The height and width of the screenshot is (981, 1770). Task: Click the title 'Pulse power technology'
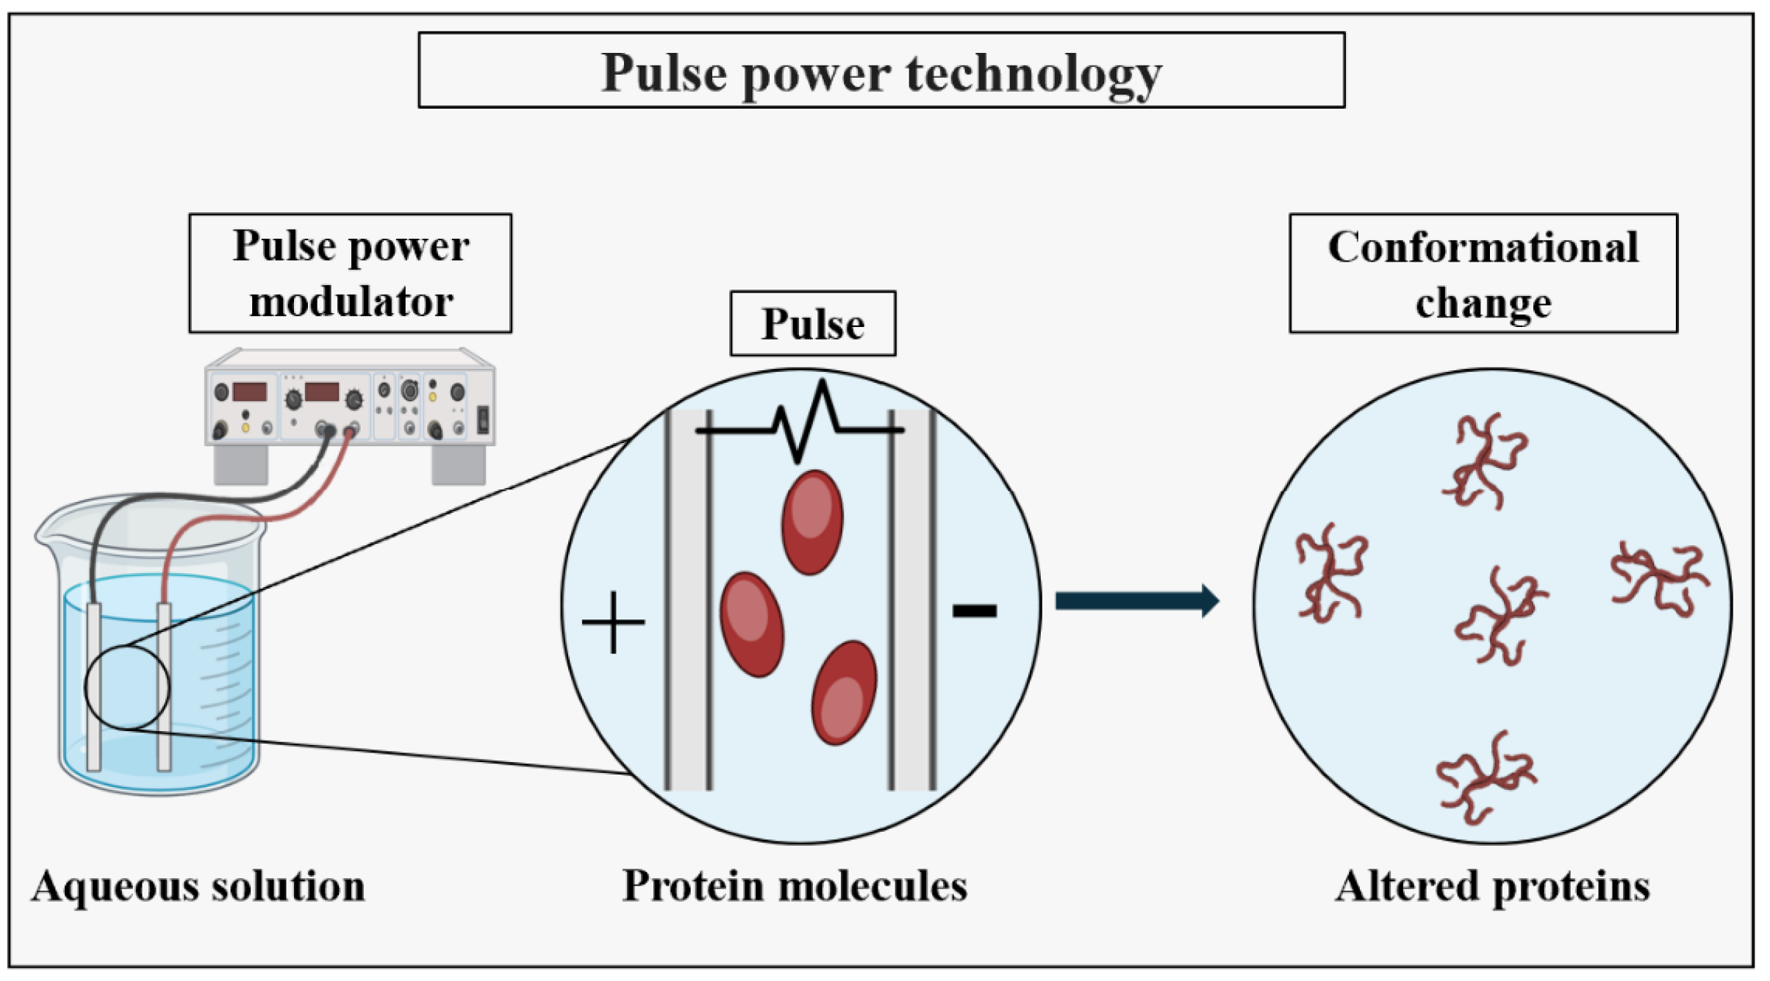coord(881,73)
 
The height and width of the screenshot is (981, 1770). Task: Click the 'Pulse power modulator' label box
coord(350,273)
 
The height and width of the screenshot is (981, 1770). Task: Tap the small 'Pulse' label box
coord(812,324)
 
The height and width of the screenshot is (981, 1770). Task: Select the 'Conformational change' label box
coord(1483,274)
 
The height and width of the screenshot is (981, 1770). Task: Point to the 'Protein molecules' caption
coord(794,886)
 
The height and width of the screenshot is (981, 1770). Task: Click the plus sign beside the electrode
coord(612,622)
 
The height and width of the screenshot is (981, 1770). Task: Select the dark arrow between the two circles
coord(1136,601)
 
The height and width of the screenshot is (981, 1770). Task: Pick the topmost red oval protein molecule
coord(811,522)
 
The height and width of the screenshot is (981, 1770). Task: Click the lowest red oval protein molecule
coord(843,692)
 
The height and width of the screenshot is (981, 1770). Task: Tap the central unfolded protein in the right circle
coord(1500,616)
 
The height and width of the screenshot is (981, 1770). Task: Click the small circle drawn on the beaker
coord(126,688)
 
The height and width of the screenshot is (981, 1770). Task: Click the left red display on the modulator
coord(249,392)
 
